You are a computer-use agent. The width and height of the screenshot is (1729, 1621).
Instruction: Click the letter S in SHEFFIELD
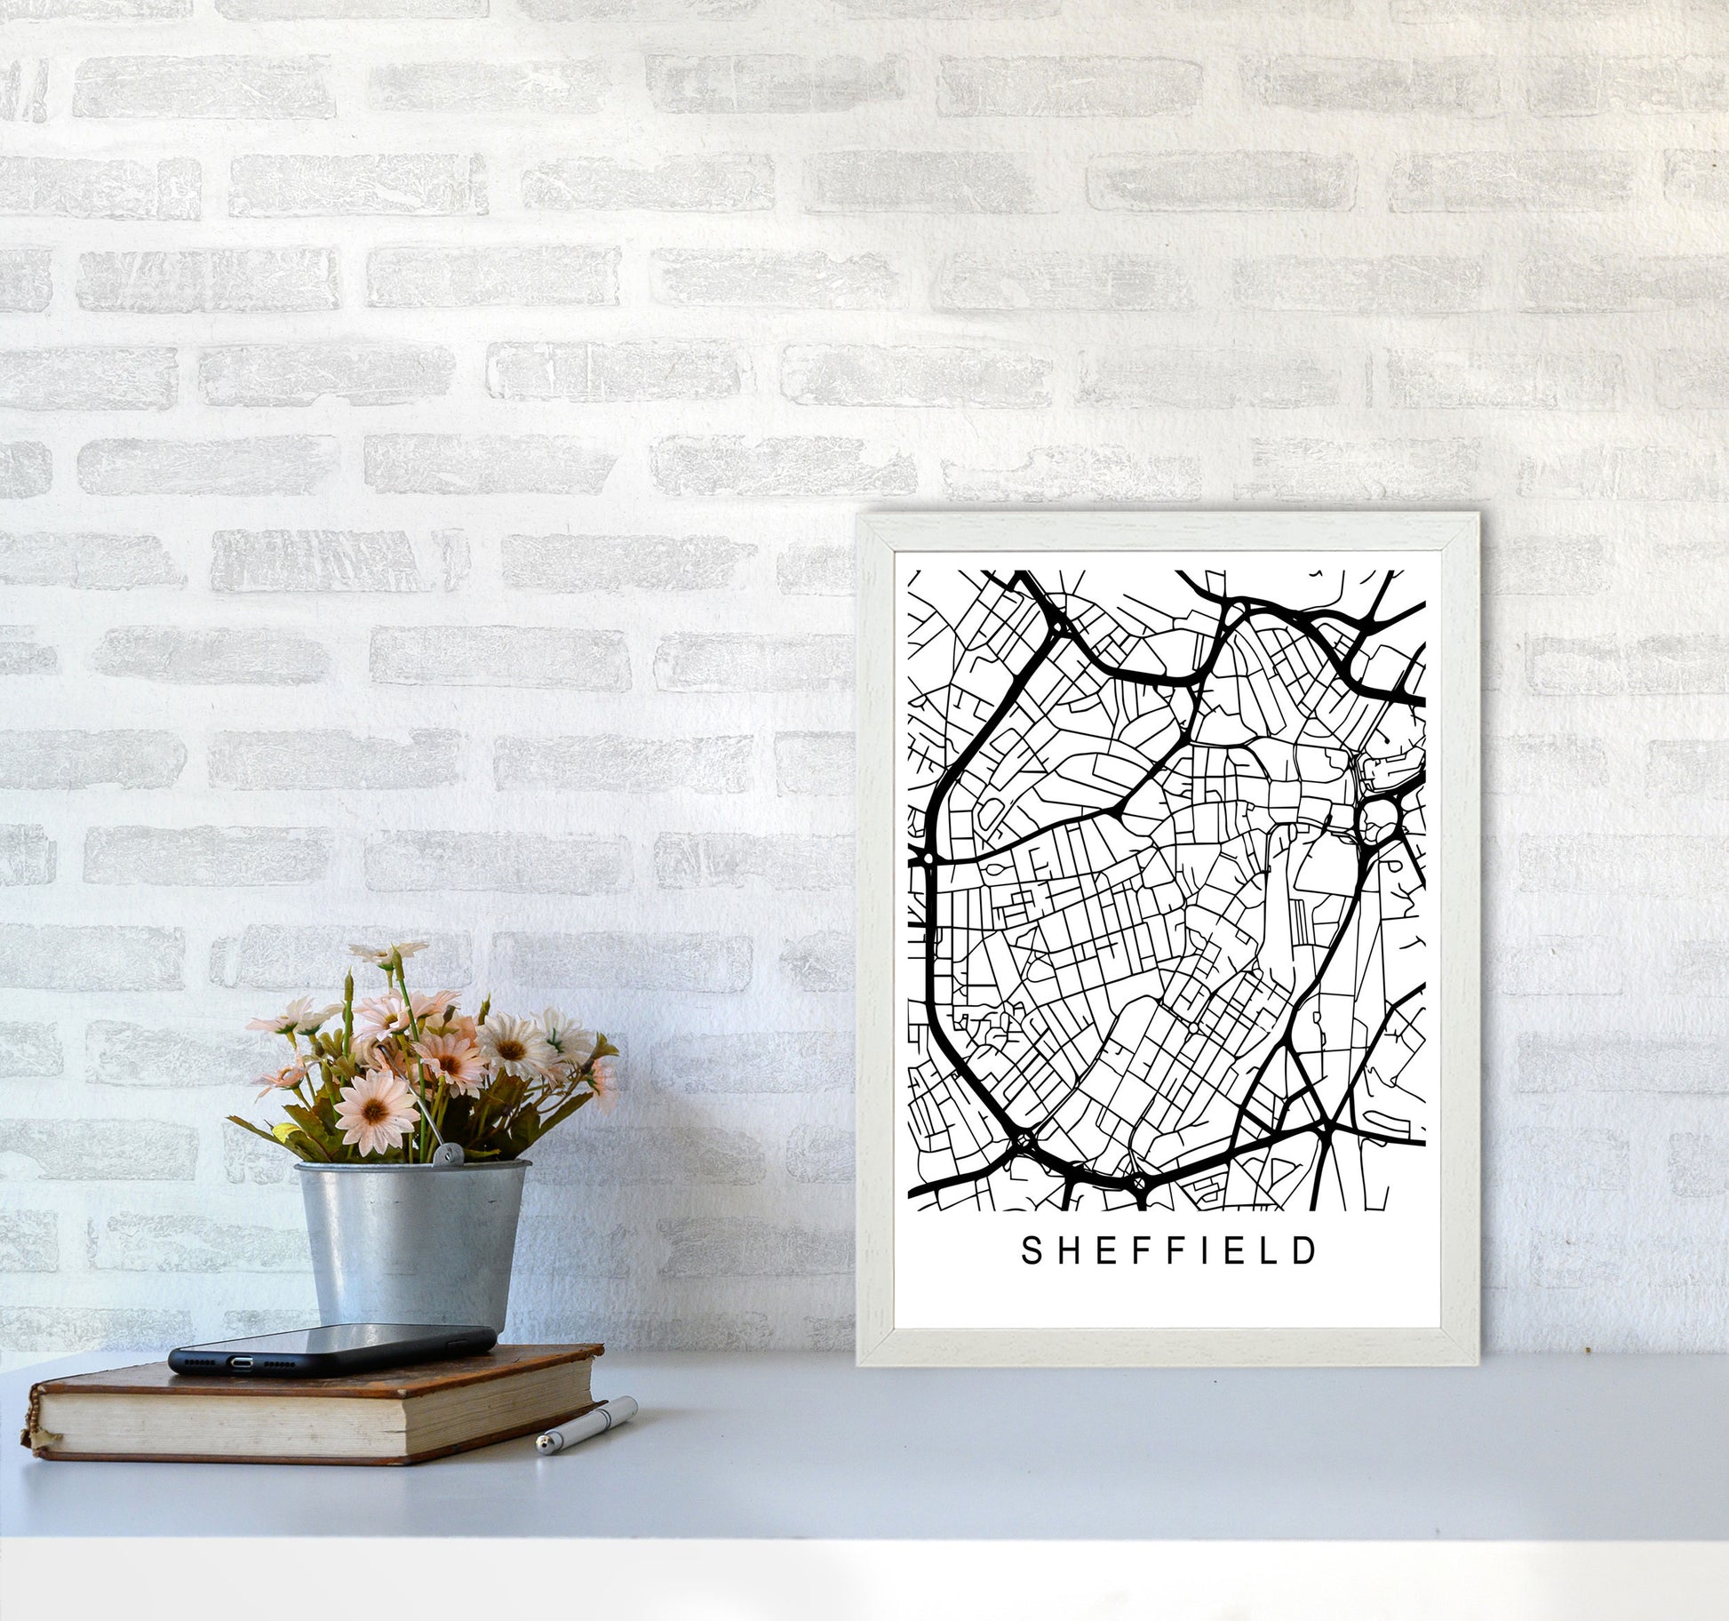[x=1031, y=1250]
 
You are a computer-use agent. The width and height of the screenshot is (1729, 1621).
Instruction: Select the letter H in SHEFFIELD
[x=1063, y=1250]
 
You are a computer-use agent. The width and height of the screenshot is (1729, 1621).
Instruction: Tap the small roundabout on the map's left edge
[x=927, y=859]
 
